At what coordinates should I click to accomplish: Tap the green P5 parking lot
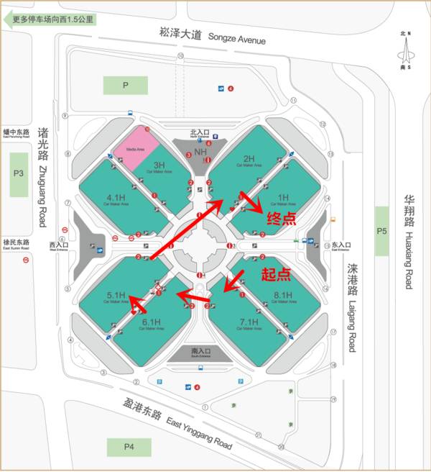382,230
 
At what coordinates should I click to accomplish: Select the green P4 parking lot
129,446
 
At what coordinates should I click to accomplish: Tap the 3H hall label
159,166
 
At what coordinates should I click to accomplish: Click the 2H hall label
249,160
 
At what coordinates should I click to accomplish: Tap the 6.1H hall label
151,322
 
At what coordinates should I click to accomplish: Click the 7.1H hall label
249,322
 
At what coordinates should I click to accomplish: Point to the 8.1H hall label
283,295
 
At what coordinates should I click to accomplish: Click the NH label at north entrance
200,153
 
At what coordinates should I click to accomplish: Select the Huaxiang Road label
407,241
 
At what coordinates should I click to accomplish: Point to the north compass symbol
407,51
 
